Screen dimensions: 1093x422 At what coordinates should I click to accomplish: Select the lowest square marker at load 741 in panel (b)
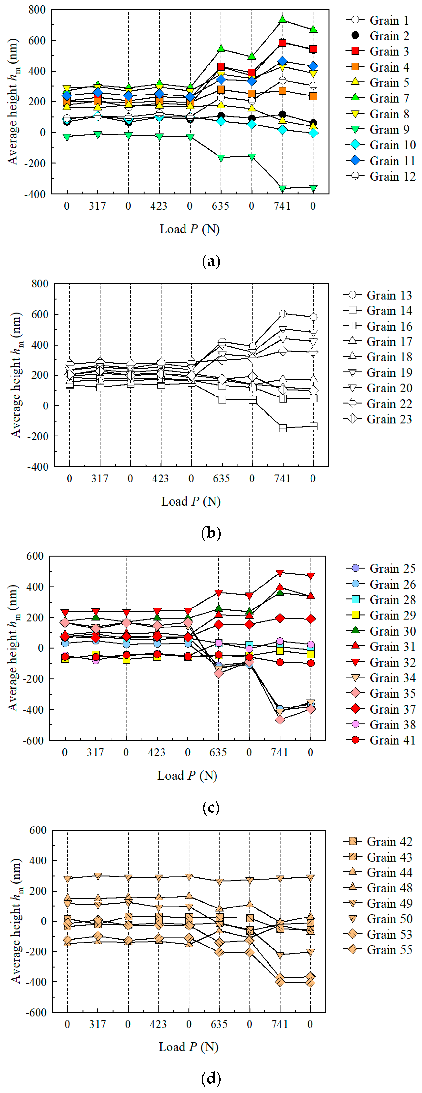coord(283,428)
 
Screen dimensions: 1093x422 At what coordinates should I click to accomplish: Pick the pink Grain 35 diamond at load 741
coord(280,720)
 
